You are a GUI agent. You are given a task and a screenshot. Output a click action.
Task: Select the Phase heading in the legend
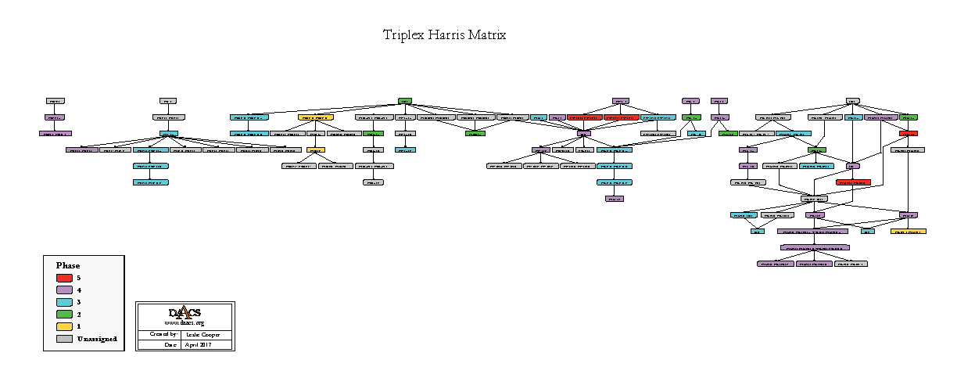tap(68, 265)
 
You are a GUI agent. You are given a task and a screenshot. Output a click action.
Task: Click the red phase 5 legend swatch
tap(65, 278)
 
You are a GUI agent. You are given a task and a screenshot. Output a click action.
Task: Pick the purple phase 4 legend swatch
tap(65, 290)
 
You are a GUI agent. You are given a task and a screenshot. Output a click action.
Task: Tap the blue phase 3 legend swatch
tap(65, 302)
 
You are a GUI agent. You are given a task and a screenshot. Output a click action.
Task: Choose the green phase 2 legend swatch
tap(65, 314)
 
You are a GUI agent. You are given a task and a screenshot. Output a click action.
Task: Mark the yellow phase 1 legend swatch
tap(65, 326)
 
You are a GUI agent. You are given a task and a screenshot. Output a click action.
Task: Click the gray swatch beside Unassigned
tap(65, 339)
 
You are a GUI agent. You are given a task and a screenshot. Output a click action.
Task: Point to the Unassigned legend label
tap(97, 339)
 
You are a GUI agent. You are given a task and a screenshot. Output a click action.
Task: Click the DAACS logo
tap(185, 312)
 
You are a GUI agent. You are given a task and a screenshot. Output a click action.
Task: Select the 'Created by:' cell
tap(159, 334)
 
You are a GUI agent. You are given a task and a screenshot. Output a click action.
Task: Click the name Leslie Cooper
tap(206, 334)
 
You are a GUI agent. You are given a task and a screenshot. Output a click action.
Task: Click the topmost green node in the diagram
tap(405, 101)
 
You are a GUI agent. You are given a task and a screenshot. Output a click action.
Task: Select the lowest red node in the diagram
tap(853, 182)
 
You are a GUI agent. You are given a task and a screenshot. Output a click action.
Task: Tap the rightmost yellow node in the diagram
tap(909, 232)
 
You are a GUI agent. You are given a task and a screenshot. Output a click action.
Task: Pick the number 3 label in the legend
tap(79, 302)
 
